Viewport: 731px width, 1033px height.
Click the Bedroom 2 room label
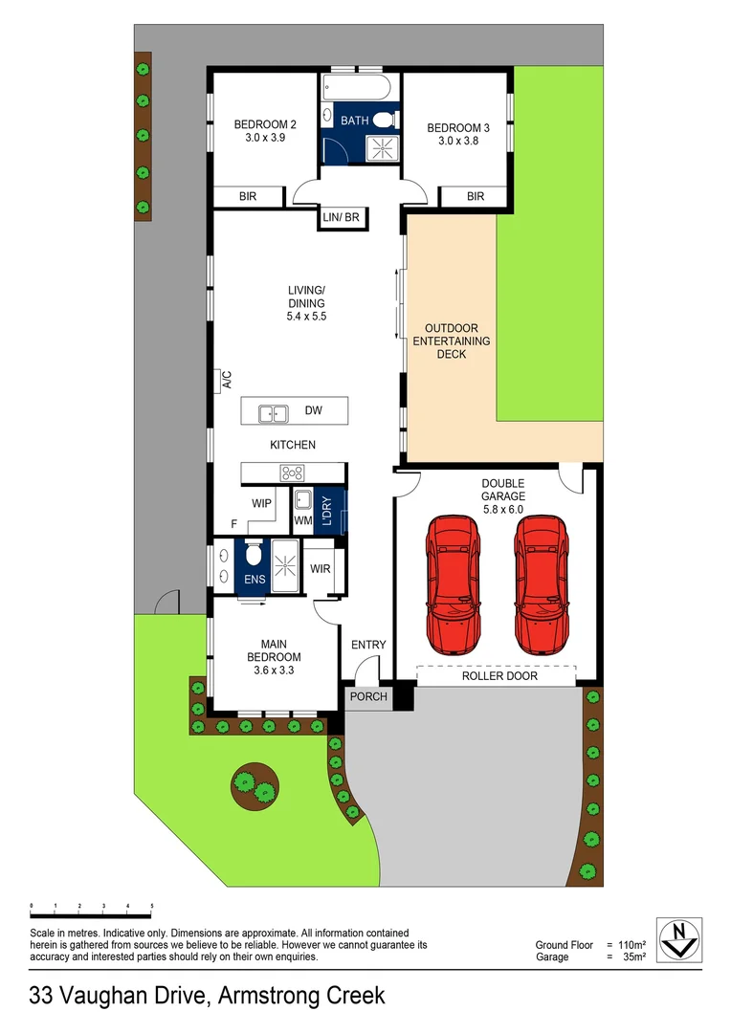[x=266, y=124]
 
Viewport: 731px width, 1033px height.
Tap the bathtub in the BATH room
[x=358, y=89]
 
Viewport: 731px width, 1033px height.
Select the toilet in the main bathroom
[x=384, y=120]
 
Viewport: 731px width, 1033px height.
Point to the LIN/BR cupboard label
[x=341, y=218]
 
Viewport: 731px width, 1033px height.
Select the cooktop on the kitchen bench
[x=292, y=472]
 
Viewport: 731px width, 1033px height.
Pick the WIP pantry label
[x=262, y=502]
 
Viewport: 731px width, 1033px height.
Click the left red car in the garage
[x=452, y=582]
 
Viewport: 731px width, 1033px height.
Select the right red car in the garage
[x=542, y=582]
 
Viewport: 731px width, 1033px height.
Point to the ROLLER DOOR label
[x=499, y=676]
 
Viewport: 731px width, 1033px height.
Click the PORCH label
[x=368, y=696]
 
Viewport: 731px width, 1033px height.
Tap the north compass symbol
[x=679, y=938]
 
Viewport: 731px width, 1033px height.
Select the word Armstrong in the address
[x=261, y=995]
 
